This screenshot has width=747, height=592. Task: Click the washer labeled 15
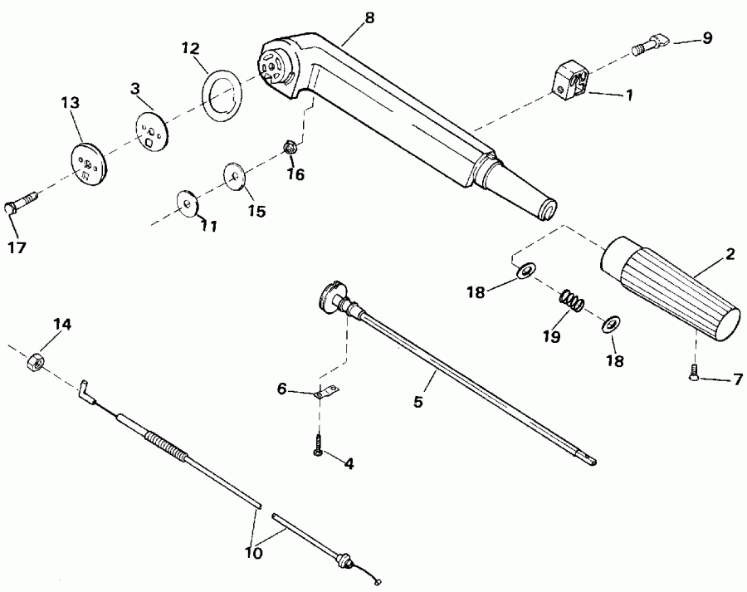(x=233, y=176)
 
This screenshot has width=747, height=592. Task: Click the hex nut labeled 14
(x=34, y=362)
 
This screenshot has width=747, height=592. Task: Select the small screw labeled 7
(x=694, y=376)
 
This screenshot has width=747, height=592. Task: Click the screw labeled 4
(x=318, y=446)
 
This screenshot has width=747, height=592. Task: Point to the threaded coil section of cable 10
(x=168, y=445)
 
